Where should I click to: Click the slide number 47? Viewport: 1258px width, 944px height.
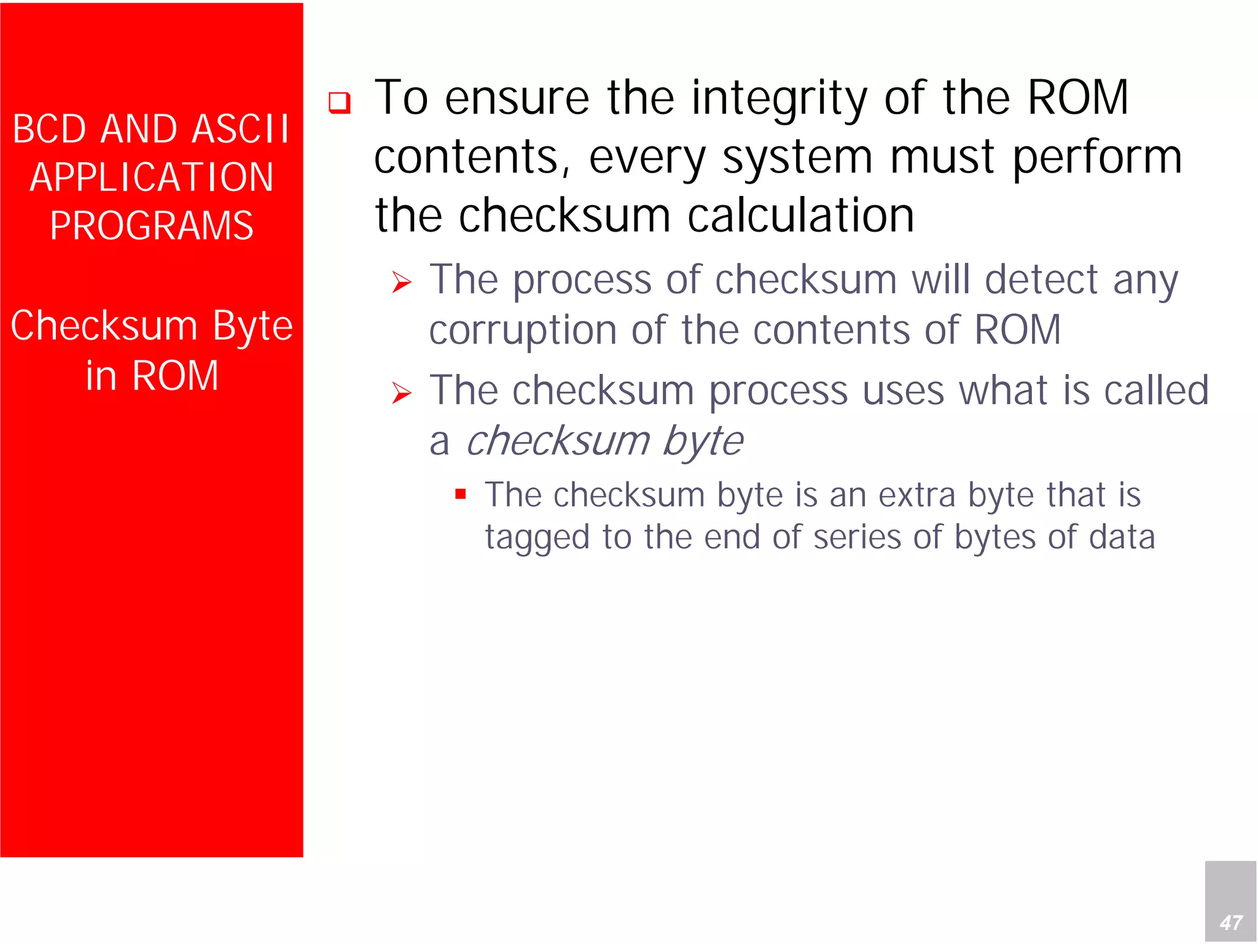1231,922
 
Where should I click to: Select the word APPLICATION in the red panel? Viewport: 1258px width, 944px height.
152,177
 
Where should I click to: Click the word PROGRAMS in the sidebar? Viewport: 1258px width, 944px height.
152,225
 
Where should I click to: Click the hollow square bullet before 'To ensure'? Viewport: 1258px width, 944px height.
339,102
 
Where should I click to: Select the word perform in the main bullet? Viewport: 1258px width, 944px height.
1097,158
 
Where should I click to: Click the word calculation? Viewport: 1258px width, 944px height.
801,216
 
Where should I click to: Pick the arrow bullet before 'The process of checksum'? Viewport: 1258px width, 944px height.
402,283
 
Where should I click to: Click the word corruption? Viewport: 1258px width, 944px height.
522,330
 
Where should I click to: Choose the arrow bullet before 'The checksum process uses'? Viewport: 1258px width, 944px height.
402,393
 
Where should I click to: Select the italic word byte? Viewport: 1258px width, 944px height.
703,441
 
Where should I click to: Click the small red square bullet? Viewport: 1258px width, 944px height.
461,493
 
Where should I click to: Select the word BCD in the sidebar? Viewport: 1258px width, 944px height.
49,129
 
